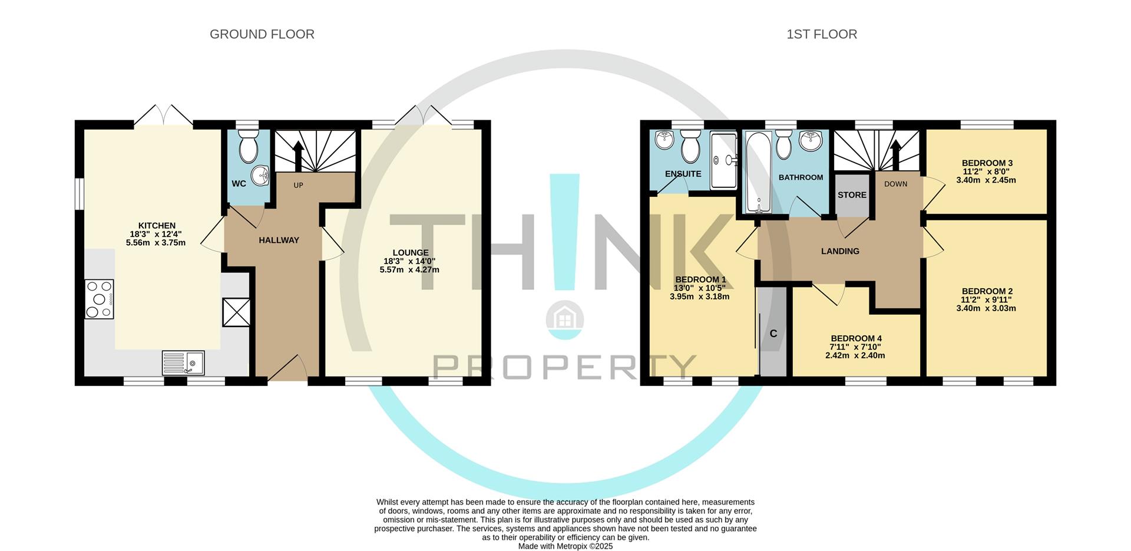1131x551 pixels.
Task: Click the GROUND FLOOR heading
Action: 262,34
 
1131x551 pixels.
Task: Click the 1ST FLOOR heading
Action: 822,34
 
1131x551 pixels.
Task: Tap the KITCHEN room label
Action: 157,226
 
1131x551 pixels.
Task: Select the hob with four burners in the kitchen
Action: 100,299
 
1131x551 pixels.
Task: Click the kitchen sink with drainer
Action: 183,363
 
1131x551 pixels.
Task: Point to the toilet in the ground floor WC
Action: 249,146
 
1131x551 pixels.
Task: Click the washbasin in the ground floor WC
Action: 260,175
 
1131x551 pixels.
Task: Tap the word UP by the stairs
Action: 298,186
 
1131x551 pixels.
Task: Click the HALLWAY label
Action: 279,240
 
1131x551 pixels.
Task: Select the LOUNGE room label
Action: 411,253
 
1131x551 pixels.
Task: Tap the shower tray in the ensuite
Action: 723,160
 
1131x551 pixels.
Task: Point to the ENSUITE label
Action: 683,174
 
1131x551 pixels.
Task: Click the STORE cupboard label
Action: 852,195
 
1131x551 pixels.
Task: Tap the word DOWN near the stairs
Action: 896,184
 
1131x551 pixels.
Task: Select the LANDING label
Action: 841,251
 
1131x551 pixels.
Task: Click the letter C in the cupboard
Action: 773,334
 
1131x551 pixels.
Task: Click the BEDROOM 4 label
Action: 856,338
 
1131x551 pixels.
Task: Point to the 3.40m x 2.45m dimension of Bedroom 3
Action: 986,180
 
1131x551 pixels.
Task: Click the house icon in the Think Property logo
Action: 565,320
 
